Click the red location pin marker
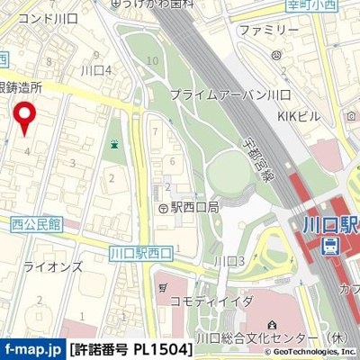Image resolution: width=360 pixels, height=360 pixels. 26,118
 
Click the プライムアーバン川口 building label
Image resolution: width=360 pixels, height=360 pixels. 229,94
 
